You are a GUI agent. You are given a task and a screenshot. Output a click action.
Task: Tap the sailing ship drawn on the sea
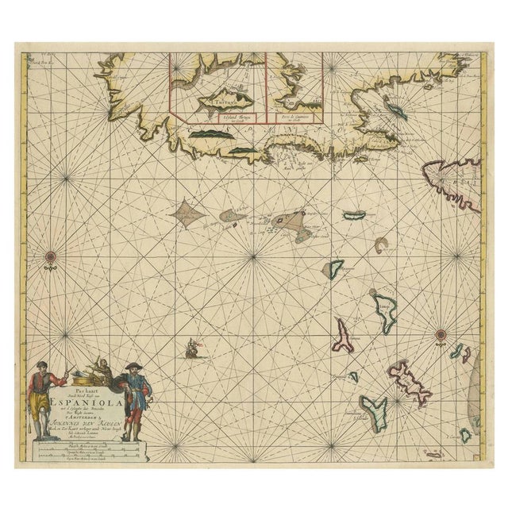pyautogui.click(x=191, y=348)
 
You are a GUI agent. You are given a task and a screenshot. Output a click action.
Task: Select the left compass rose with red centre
pyautogui.click(x=51, y=256)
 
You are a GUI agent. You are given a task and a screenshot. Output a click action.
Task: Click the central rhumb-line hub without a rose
pyautogui.click(x=253, y=256)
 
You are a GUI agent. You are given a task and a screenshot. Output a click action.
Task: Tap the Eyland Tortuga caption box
pyautogui.click(x=214, y=117)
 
